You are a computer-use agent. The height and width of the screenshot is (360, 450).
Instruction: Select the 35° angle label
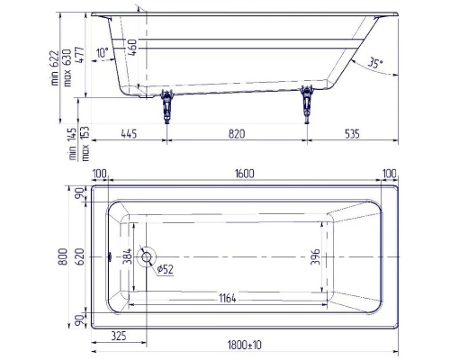point(375,64)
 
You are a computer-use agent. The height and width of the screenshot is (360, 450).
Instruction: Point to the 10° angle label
point(101,53)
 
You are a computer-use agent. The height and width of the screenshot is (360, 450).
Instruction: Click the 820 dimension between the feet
point(236,133)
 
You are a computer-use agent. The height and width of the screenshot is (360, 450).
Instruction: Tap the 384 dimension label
point(128,257)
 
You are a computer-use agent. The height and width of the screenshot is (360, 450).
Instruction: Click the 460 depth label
point(132,47)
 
